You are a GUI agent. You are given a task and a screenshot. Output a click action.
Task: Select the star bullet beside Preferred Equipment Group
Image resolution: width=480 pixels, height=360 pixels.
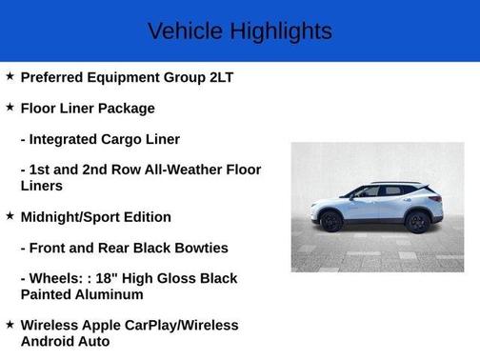(10, 76)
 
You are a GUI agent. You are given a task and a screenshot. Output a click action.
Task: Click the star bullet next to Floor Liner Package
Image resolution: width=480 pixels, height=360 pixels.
(10, 108)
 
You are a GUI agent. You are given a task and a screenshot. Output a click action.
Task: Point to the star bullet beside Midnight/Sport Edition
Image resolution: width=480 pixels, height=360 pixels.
(10, 216)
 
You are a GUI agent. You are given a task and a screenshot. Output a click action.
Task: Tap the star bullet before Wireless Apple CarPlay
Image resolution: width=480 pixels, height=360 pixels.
(10, 325)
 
